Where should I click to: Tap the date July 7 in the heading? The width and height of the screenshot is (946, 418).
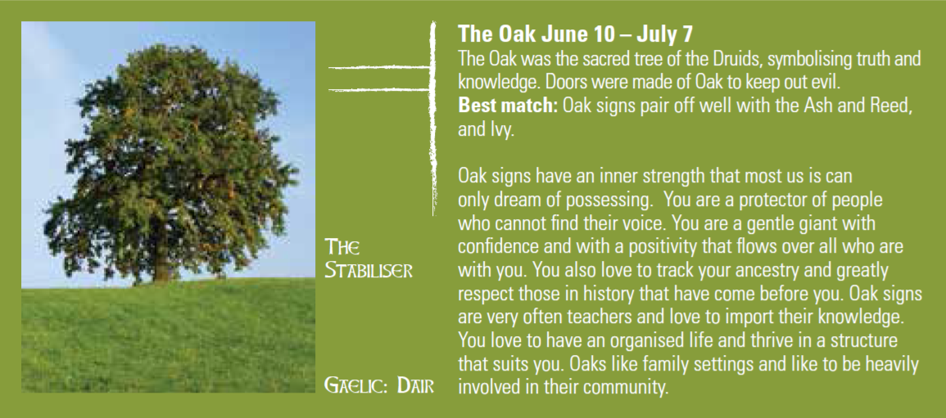tap(662, 34)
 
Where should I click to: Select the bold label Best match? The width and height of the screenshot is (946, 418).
tap(508, 106)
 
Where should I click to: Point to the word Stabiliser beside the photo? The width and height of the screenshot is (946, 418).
tap(369, 271)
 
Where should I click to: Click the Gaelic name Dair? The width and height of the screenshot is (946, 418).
tap(416, 384)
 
